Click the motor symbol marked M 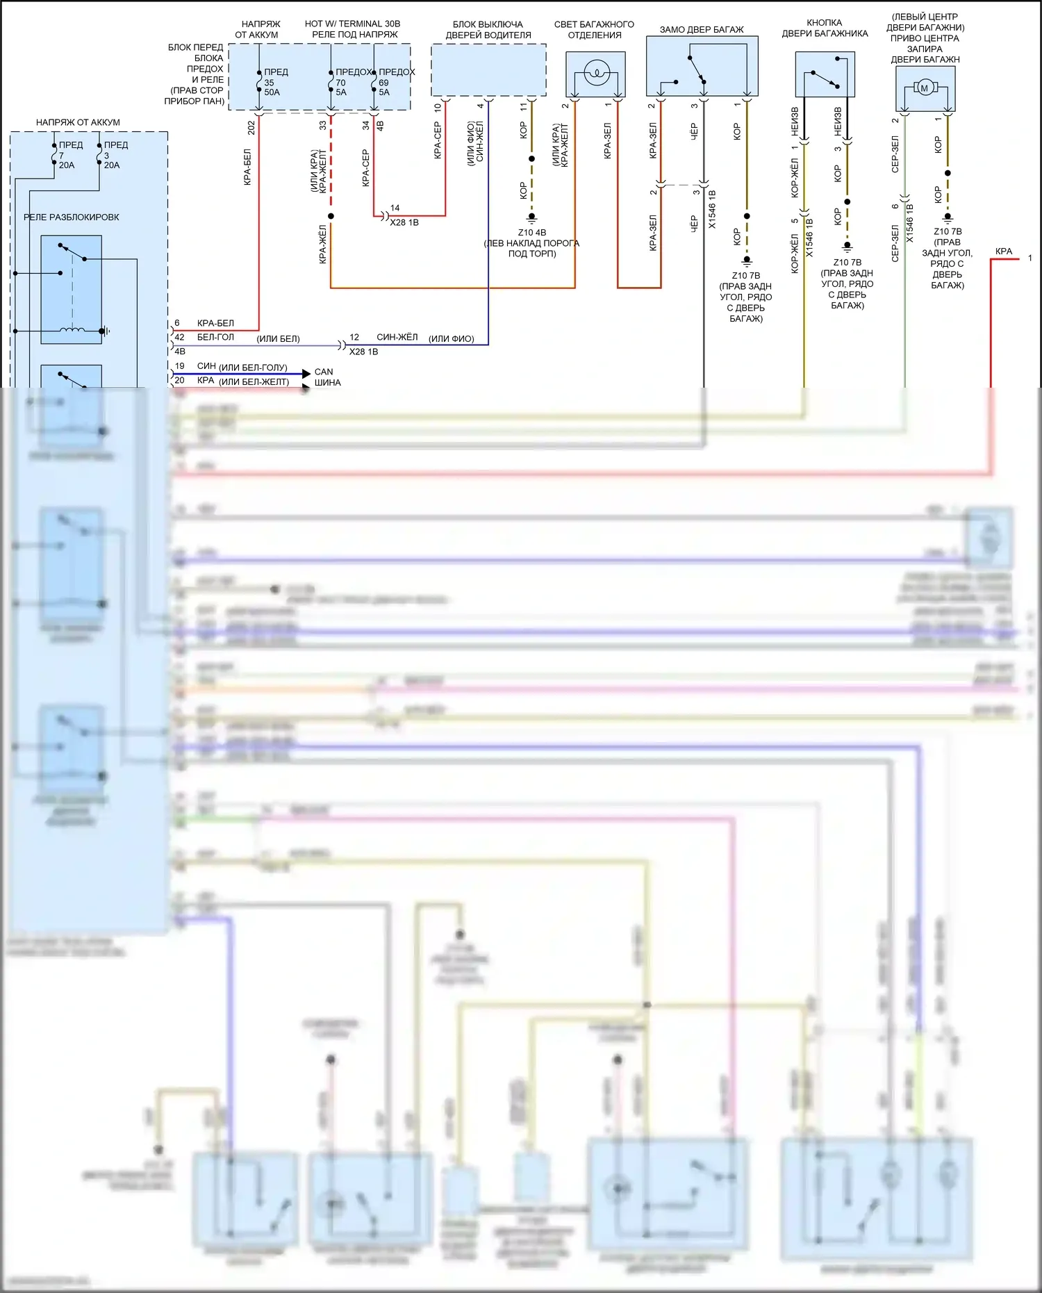coord(924,88)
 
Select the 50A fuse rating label coord(272,92)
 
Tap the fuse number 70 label coord(340,83)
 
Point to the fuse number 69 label coord(383,83)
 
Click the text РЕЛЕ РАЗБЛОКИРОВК coord(72,217)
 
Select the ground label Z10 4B coord(532,233)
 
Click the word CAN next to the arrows coord(324,372)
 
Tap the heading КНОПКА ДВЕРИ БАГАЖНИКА coord(825,28)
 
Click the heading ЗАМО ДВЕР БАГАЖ coord(702,30)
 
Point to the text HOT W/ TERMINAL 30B coord(352,24)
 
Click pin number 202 coord(251,127)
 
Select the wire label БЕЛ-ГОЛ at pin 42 coord(215,337)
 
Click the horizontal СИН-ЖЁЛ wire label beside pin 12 coord(397,337)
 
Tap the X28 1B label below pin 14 coord(404,222)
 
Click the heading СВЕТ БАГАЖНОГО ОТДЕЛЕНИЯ coord(594,29)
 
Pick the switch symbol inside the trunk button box coord(825,79)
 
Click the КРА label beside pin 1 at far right coord(1004,252)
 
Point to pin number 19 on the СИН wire coord(180,366)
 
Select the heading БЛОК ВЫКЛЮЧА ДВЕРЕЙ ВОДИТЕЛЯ coord(488,29)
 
